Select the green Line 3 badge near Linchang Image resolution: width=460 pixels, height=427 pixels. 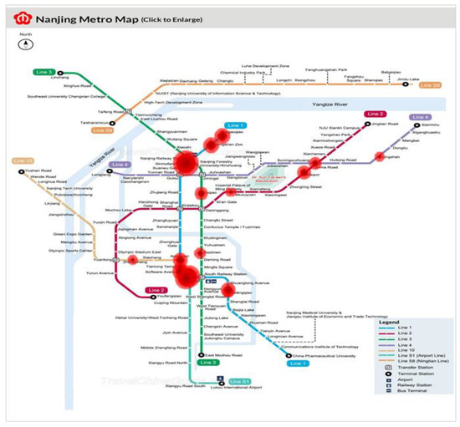click(x=43, y=73)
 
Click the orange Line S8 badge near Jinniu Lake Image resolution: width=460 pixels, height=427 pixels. click(x=431, y=85)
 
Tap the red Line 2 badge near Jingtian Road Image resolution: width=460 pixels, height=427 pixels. click(x=374, y=114)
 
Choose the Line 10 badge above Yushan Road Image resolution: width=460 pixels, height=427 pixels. click(x=23, y=160)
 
